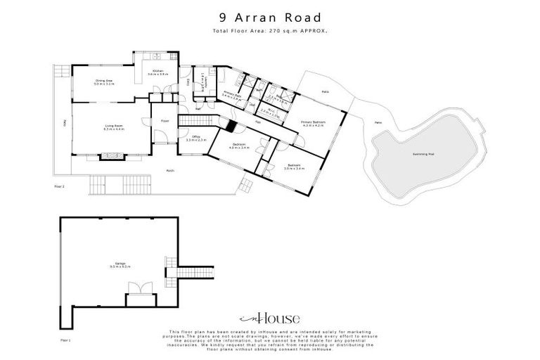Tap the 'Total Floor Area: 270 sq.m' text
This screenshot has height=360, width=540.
[269, 32]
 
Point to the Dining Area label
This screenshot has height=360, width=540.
[104, 82]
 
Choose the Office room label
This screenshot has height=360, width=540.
[197, 138]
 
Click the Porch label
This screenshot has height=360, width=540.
[169, 170]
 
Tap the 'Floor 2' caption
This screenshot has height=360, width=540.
[59, 186]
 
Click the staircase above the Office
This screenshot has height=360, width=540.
[191, 121]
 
